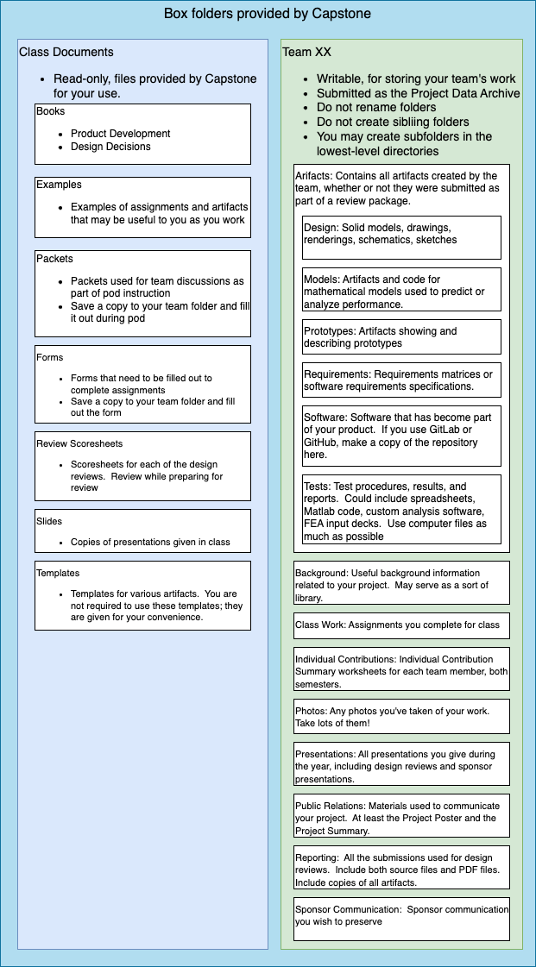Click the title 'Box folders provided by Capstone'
(268, 14)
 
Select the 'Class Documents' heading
(66, 52)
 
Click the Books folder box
(142, 134)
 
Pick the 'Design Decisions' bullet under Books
(110, 147)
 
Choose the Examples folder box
(142, 207)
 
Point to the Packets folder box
(142, 293)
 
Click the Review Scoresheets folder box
(142, 466)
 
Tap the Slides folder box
(142, 531)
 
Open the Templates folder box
(142, 595)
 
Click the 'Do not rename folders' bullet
(375, 108)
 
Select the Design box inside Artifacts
(401, 237)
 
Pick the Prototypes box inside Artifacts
(401, 336)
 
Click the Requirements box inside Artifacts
(401, 380)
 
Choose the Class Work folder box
(401, 625)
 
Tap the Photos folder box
(401, 716)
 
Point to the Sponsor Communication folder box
(401, 919)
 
